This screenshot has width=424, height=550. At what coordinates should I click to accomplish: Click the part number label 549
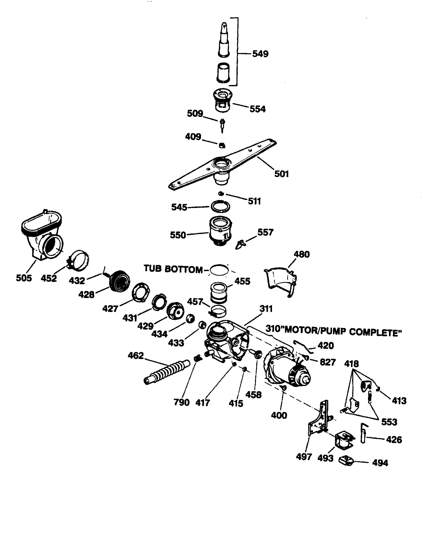point(260,54)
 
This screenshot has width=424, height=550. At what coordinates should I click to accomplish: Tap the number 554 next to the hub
point(257,109)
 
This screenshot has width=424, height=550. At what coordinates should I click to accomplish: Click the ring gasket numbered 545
point(220,206)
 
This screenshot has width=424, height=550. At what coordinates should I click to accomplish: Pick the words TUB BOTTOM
point(173,269)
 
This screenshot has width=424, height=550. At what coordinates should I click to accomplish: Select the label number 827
point(327,362)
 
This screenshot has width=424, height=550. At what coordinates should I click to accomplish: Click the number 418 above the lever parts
point(351,364)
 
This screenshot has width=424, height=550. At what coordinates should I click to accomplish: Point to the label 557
point(265,232)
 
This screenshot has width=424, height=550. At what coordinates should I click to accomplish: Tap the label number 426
point(394,440)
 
